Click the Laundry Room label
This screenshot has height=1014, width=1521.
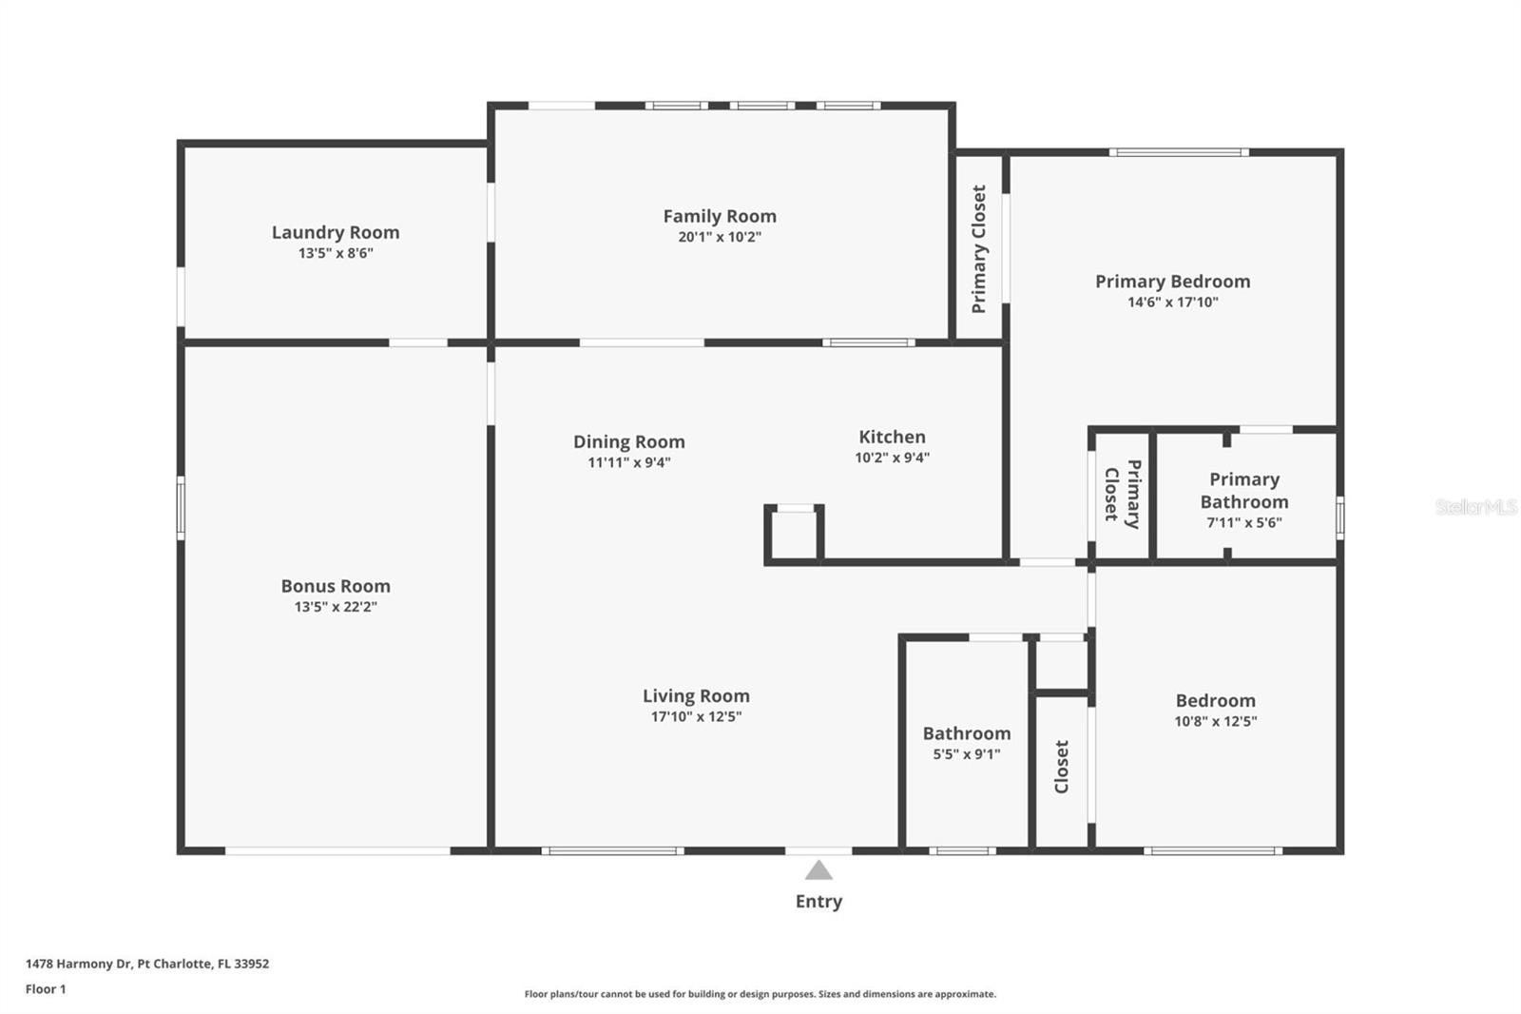[335, 232]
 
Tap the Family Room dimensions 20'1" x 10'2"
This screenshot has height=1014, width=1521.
[720, 237]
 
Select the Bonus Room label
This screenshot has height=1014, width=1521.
[335, 586]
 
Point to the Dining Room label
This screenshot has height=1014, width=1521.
[628, 441]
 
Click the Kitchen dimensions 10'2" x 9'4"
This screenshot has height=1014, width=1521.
[892, 458]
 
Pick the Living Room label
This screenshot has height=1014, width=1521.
[696, 696]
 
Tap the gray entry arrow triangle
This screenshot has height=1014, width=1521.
[818, 870]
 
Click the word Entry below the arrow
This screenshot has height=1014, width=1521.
[818, 901]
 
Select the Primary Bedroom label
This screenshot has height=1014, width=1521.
[1172, 282]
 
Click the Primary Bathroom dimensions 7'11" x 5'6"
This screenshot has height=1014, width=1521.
[1243, 522]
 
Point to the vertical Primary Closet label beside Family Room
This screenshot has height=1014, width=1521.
[979, 249]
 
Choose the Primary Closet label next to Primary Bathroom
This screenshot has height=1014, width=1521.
[1122, 494]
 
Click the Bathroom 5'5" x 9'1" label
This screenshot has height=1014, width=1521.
[966, 743]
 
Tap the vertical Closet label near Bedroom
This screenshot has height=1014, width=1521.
[1062, 767]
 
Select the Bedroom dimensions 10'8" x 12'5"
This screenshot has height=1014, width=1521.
[1215, 721]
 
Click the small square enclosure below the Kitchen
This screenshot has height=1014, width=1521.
[795, 536]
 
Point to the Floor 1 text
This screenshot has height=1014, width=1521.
[46, 989]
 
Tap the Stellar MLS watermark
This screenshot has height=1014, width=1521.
[1475, 507]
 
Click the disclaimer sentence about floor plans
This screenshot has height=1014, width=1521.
[760, 994]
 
